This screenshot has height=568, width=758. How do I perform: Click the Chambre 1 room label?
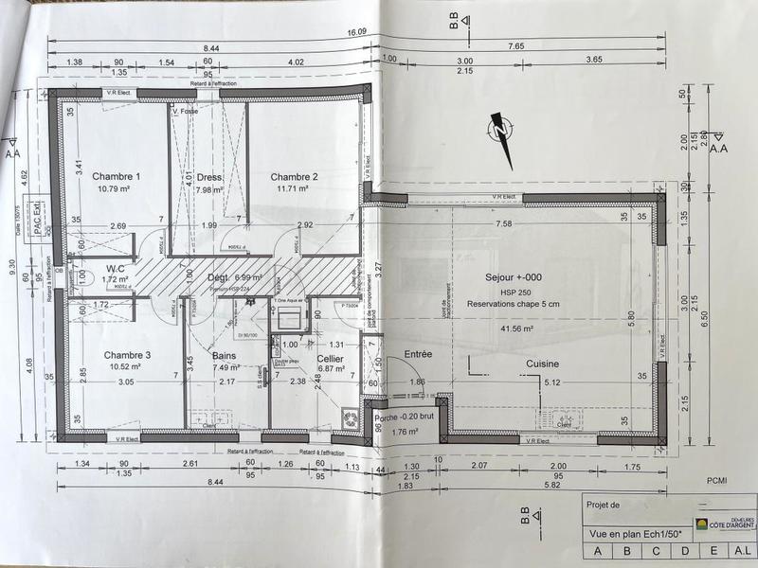[x=117, y=176]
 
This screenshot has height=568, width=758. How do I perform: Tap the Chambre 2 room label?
[x=294, y=177]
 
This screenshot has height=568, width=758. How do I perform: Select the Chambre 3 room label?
[x=128, y=355]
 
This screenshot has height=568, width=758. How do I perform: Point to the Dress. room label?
[x=209, y=177]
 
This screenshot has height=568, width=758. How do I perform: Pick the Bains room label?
[x=224, y=356]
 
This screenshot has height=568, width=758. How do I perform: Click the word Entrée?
[x=418, y=353]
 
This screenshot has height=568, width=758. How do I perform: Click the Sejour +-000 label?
[x=513, y=278]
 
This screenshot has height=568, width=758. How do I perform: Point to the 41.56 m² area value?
[x=512, y=328]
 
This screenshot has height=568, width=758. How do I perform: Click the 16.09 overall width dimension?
[x=356, y=32]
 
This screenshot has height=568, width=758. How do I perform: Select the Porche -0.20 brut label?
[x=403, y=418]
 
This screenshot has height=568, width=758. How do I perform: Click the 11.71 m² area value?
[x=294, y=189]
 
